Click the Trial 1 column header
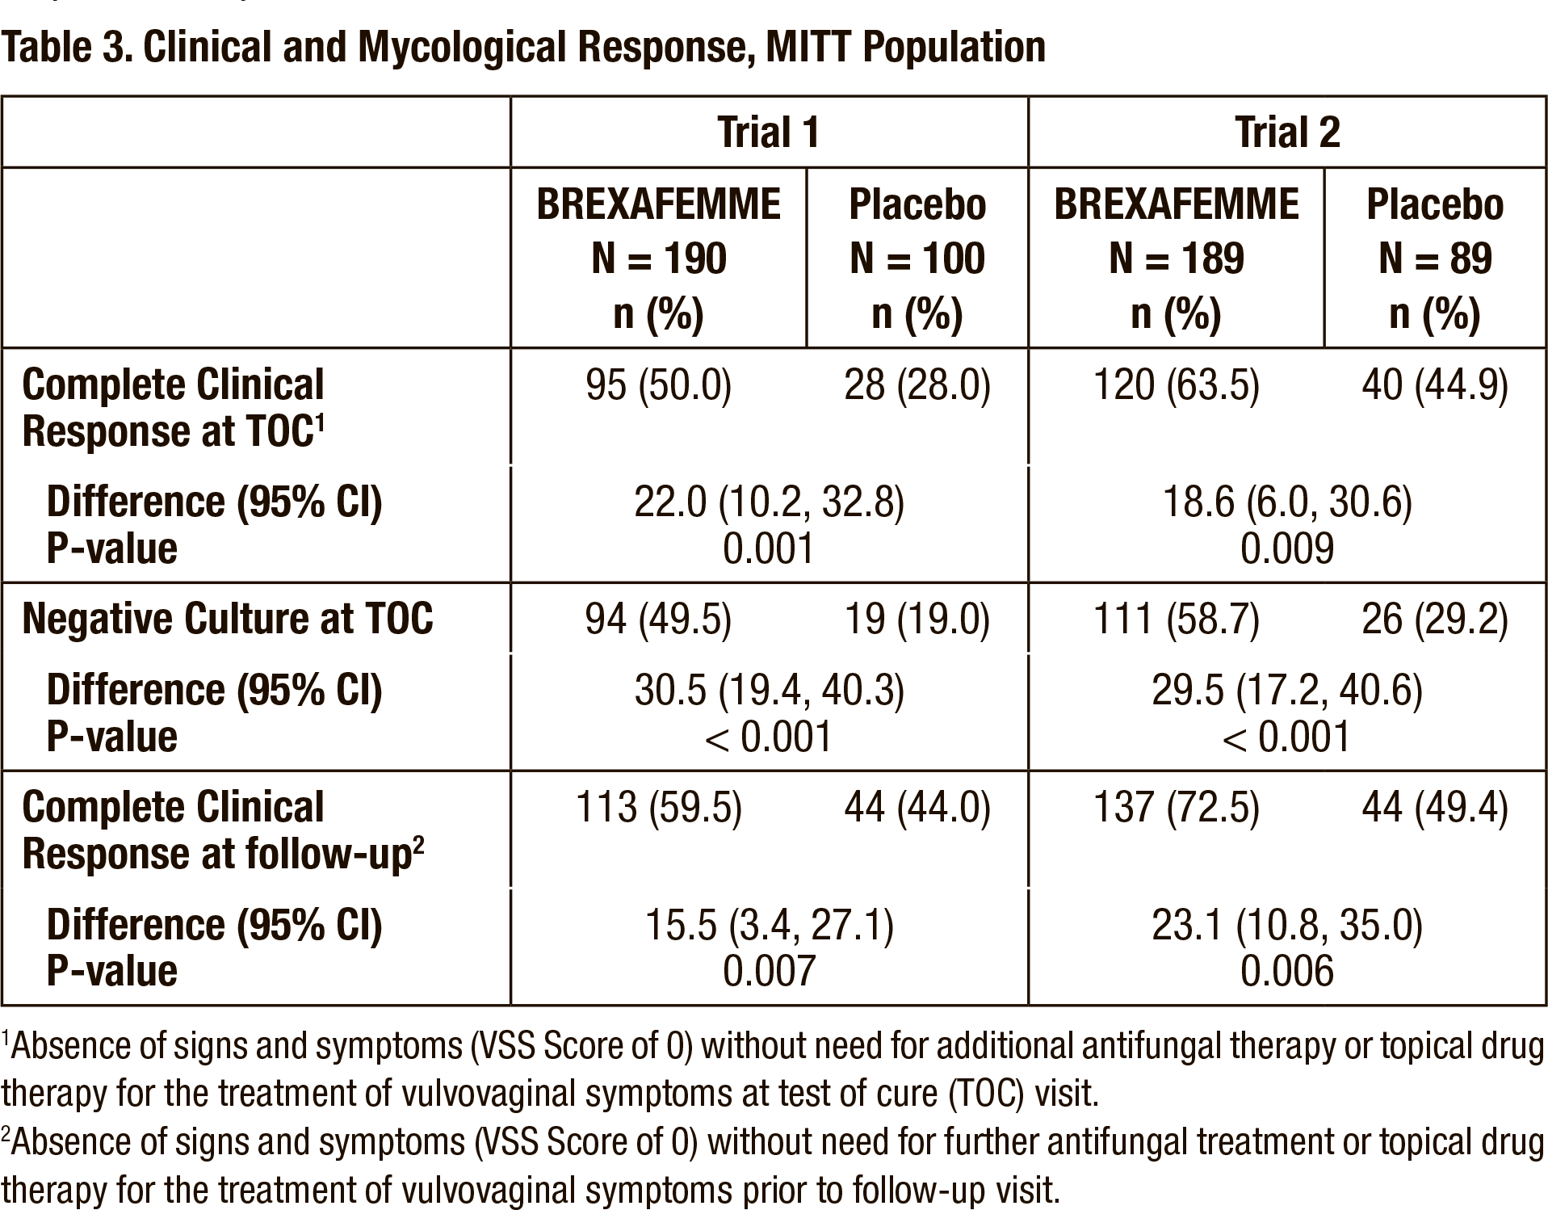(x=769, y=132)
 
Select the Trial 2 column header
(x=1287, y=132)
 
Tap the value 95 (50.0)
(x=658, y=385)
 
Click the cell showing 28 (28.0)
(x=917, y=385)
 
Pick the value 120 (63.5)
(x=1176, y=385)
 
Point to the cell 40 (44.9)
(x=1435, y=385)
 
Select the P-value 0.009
(x=1287, y=549)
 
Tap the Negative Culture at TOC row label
(x=228, y=619)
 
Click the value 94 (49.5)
(x=658, y=620)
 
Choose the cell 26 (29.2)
(x=1435, y=620)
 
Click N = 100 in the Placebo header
(x=917, y=258)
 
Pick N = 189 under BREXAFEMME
(x=1176, y=258)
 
